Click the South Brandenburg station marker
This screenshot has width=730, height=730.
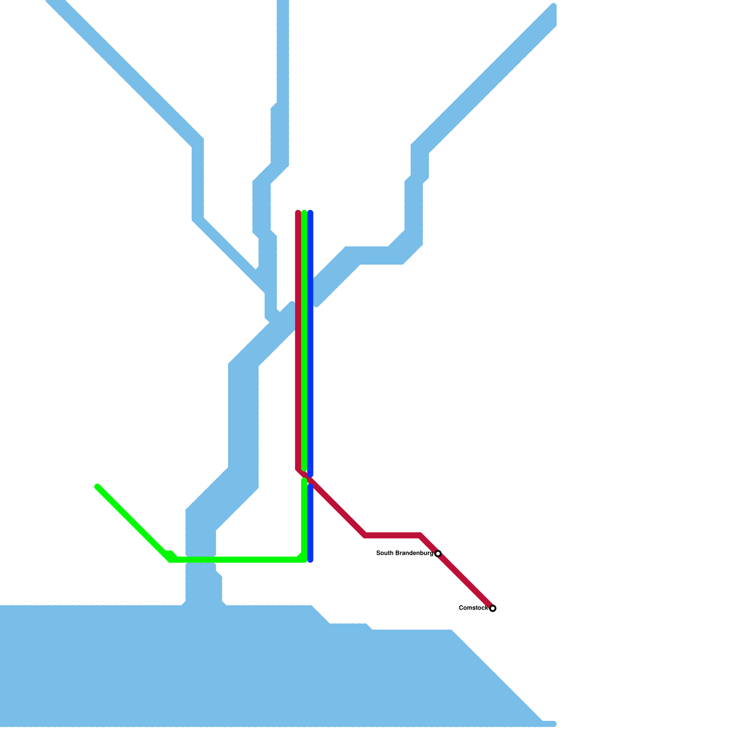(438, 553)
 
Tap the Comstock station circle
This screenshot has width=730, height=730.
(493, 608)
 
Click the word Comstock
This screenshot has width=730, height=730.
(473, 608)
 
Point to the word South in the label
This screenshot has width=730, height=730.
(384, 553)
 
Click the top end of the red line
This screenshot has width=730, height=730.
(298, 213)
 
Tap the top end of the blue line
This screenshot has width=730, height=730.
(310, 213)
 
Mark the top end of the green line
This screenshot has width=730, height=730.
(304, 213)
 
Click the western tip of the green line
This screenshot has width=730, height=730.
(97, 487)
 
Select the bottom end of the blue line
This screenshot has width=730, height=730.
(310, 560)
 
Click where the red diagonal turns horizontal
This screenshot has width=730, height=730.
(365, 535)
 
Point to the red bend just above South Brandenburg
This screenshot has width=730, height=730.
(420, 535)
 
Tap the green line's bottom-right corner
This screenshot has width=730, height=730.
(304, 559)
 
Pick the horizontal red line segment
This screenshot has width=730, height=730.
(392, 535)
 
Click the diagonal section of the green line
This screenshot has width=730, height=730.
(132, 522)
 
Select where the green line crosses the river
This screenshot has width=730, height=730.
(201, 560)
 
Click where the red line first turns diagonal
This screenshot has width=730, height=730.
(298, 469)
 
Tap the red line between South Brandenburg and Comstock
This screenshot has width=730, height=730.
(465, 581)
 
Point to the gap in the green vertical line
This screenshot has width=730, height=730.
(304, 475)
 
